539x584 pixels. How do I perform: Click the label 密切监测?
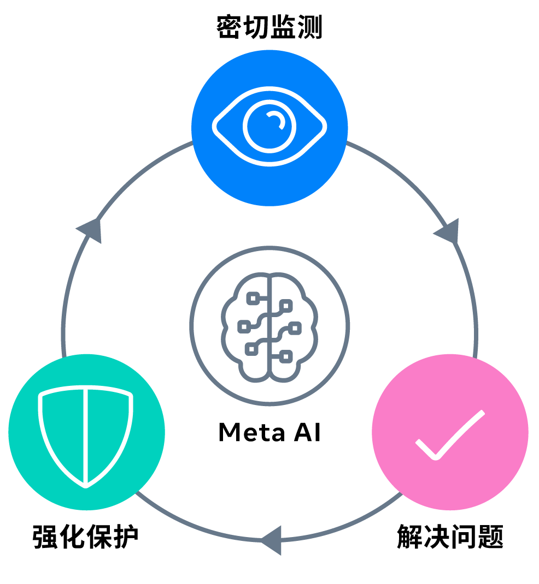coord(269,28)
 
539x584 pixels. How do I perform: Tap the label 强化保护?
coord(86,537)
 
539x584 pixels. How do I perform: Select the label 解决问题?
coord(450,537)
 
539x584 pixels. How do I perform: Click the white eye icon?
coord(269,127)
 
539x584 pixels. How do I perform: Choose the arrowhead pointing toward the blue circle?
coord(90,228)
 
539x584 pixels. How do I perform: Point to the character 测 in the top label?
coord(309,28)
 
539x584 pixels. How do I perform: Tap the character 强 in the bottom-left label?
coord(46,537)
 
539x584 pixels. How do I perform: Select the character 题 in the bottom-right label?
coord(490,537)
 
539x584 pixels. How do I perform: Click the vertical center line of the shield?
coord(86,437)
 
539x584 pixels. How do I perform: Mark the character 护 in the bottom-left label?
coord(126,537)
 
